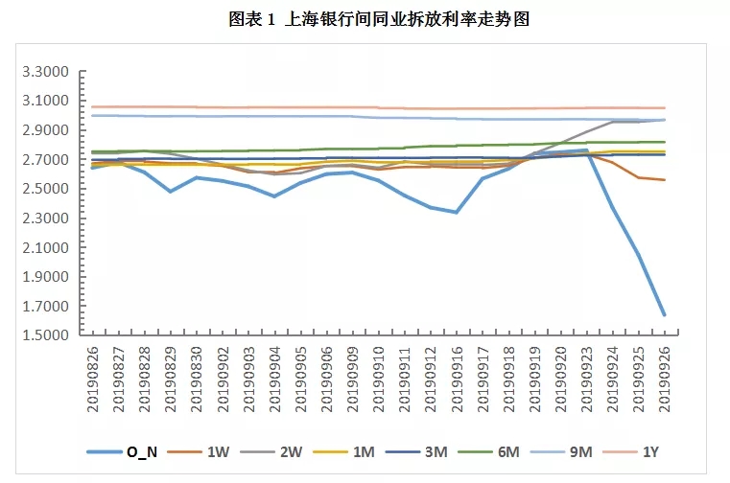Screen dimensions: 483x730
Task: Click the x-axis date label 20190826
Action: pyautogui.click(x=93, y=380)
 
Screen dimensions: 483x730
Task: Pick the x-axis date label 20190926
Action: pyautogui.click(x=664, y=380)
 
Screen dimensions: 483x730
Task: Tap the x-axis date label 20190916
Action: pyautogui.click(x=457, y=380)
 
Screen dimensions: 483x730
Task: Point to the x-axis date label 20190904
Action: pyautogui.click(x=274, y=380)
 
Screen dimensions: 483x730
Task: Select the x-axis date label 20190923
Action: pyautogui.click(x=586, y=380)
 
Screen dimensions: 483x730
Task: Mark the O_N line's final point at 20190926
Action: pyautogui.click(x=664, y=315)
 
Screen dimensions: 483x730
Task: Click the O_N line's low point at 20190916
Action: pyautogui.click(x=457, y=212)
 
